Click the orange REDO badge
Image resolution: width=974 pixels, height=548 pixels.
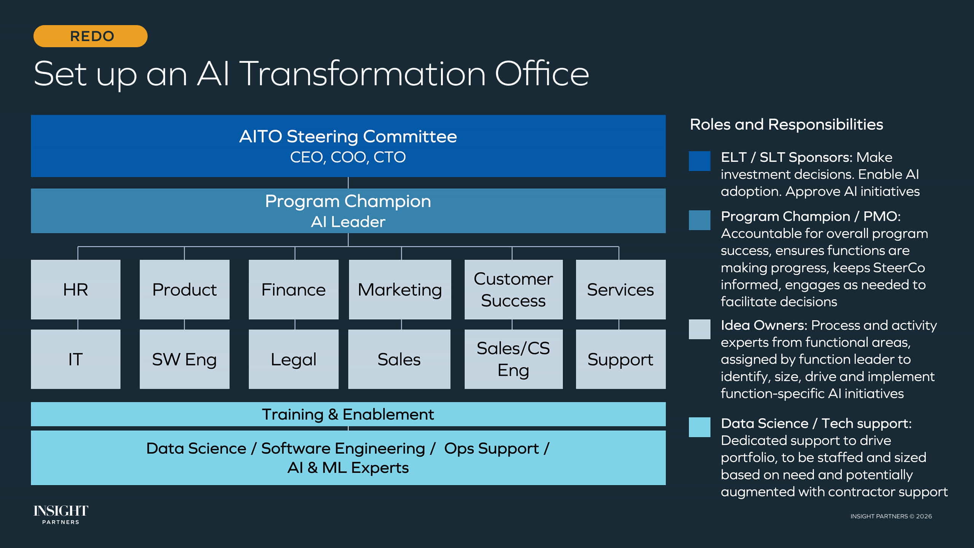click(x=91, y=36)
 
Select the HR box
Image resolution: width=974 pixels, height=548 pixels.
click(x=75, y=290)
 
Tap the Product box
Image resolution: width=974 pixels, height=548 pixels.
click(x=185, y=290)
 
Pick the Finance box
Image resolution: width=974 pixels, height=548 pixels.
click(x=293, y=290)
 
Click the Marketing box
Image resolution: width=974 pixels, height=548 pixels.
click(x=400, y=290)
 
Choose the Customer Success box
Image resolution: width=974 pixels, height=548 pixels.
click(x=513, y=290)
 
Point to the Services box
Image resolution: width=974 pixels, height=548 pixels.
click(x=621, y=290)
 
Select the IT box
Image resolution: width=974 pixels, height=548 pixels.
click(x=75, y=359)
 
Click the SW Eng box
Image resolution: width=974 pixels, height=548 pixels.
click(x=185, y=359)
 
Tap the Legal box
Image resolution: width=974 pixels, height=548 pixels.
click(x=293, y=359)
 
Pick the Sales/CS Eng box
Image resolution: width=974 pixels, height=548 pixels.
click(x=513, y=359)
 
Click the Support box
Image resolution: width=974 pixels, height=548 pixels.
click(x=621, y=359)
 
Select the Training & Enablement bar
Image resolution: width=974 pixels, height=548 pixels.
click(x=348, y=414)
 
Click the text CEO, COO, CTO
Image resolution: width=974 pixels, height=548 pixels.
click(x=348, y=157)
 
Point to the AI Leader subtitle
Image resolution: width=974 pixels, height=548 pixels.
click(x=348, y=222)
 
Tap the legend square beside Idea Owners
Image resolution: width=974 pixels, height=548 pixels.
click(x=699, y=329)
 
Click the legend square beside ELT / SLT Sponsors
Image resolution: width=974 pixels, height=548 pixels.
click(x=699, y=161)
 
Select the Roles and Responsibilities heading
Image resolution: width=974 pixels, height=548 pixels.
click(x=786, y=124)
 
